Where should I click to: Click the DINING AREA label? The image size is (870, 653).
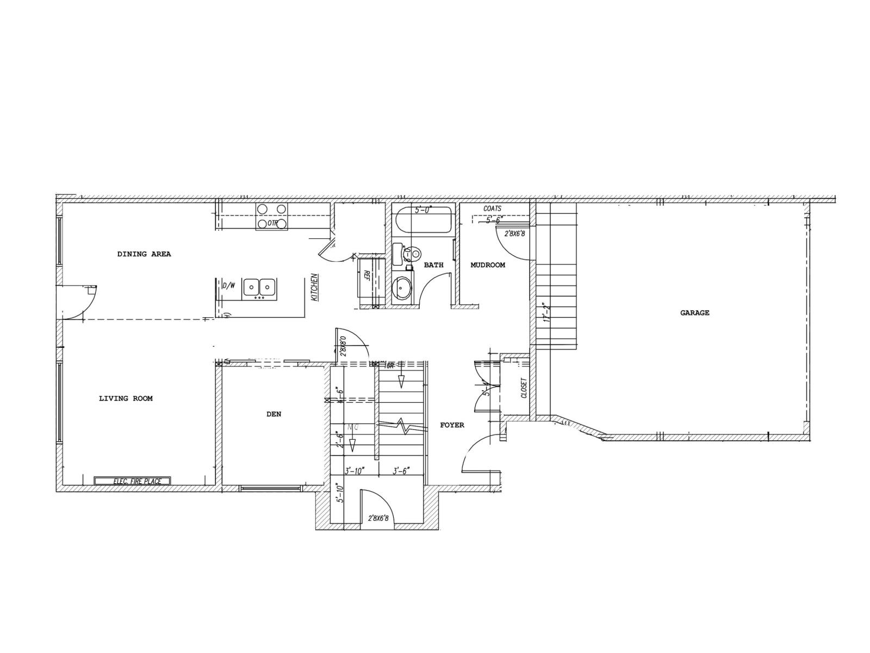pyautogui.click(x=144, y=254)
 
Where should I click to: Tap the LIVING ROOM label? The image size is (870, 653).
pyautogui.click(x=126, y=398)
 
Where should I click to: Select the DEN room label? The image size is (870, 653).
pyautogui.click(x=274, y=414)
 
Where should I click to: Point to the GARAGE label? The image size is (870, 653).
pyautogui.click(x=694, y=313)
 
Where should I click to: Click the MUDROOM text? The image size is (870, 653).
pyautogui.click(x=487, y=265)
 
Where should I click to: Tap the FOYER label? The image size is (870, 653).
pyautogui.click(x=452, y=425)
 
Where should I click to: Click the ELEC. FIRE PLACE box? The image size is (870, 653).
pyautogui.click(x=132, y=481)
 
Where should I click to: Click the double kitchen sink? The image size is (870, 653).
pyautogui.click(x=259, y=287)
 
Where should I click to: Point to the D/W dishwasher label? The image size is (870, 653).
pyautogui.click(x=228, y=285)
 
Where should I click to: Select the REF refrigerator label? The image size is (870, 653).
pyautogui.click(x=366, y=275)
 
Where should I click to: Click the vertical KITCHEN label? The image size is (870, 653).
pyautogui.click(x=314, y=287)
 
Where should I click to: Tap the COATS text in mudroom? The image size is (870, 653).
pyautogui.click(x=492, y=208)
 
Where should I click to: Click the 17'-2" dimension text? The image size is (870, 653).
pyautogui.click(x=546, y=313)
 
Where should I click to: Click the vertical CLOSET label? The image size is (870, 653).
pyautogui.click(x=524, y=388)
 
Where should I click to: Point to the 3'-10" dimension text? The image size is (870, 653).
pyautogui.click(x=355, y=471)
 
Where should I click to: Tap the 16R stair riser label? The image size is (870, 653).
pyautogui.click(x=389, y=366)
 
